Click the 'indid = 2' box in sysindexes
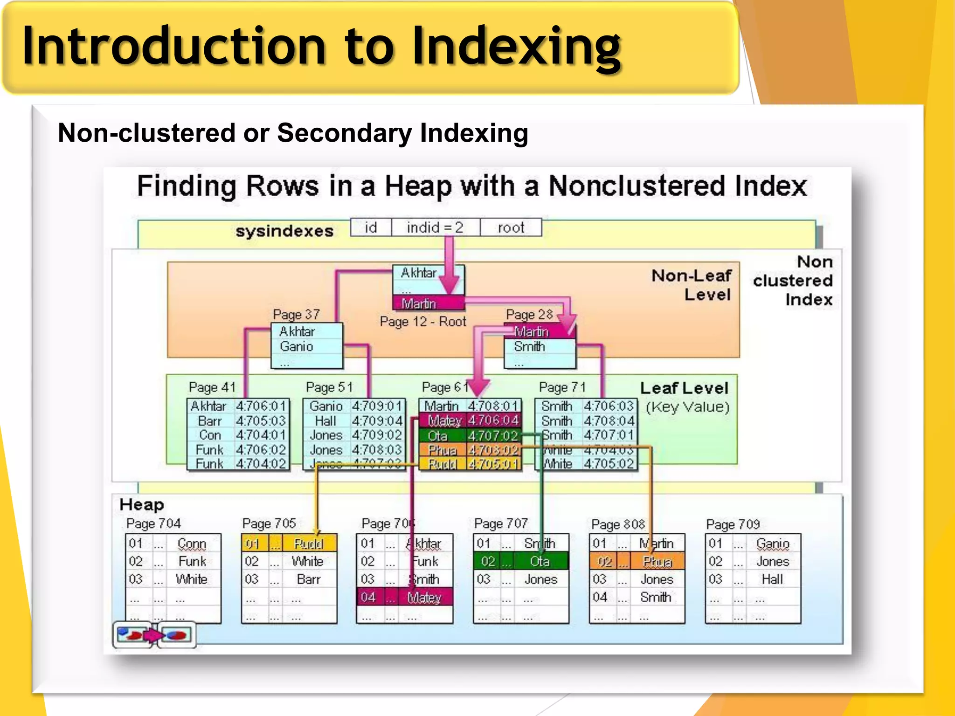[436, 227]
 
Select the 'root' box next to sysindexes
[511, 227]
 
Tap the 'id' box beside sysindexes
[371, 227]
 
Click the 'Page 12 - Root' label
[422, 322]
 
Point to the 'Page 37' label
[296, 315]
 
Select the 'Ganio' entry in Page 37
[297, 346]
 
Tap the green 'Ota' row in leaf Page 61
[470, 436]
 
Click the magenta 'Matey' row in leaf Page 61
[470, 421]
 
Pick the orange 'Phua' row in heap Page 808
[637, 562]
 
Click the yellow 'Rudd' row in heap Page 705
[289, 544]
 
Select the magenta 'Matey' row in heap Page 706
[405, 597]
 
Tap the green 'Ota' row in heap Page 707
[521, 561]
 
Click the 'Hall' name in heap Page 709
[772, 579]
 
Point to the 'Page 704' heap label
[153, 523]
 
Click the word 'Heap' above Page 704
[142, 505]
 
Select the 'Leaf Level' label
[684, 388]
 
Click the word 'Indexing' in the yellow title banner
[517, 46]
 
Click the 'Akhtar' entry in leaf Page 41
[208, 406]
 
